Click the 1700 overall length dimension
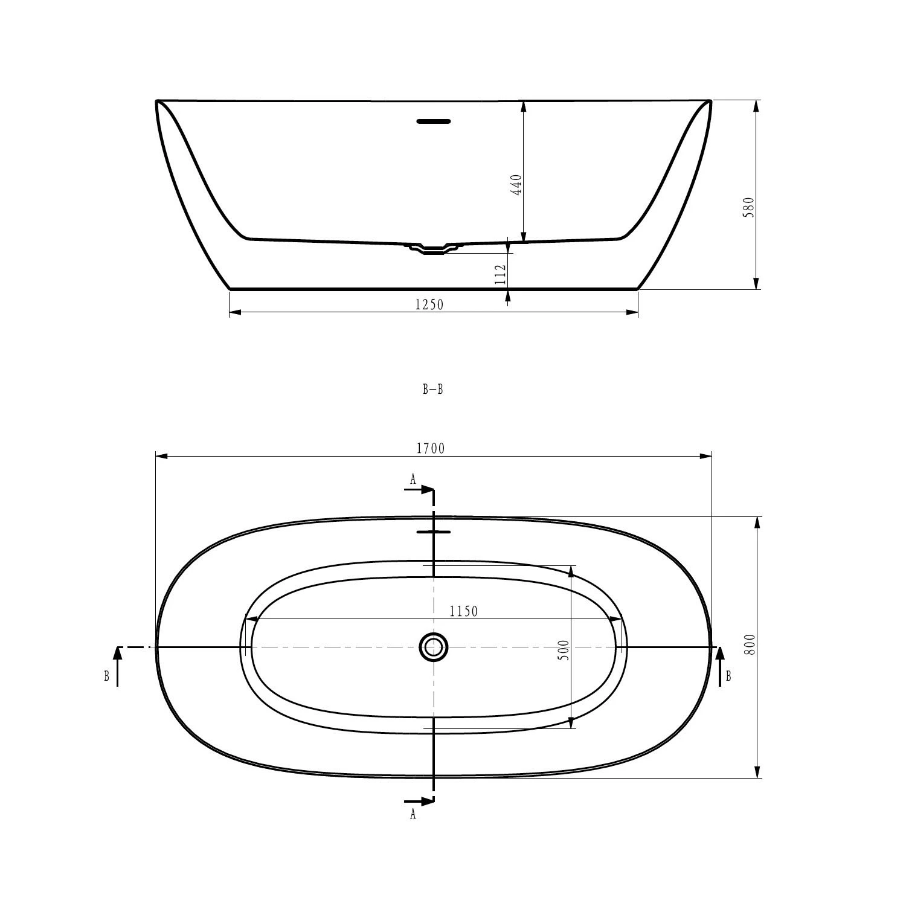point(430,448)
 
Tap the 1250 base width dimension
point(429,305)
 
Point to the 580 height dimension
point(749,207)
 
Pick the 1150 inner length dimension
point(464,611)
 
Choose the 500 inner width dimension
point(564,649)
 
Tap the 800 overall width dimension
point(750,645)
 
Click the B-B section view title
point(432,390)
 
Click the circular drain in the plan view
point(433,647)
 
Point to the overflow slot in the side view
point(434,121)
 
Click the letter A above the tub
point(413,480)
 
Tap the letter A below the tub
point(413,814)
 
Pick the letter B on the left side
point(107,676)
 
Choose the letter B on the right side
point(728,676)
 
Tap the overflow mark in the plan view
point(434,532)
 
